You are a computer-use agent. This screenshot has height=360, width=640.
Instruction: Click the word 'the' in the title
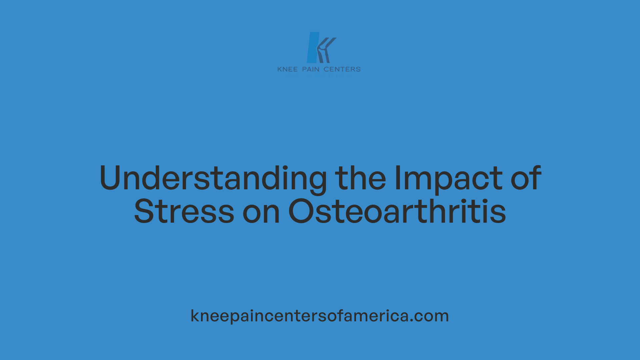tap(360, 179)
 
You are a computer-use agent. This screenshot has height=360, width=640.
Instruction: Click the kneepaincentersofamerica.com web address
tap(320, 316)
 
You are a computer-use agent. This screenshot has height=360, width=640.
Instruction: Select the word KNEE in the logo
tap(287, 69)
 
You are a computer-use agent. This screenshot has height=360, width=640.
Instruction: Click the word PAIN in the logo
tap(311, 69)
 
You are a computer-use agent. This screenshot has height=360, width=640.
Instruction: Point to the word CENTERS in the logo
tap(342, 69)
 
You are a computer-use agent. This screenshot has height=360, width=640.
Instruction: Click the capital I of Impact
tap(397, 178)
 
